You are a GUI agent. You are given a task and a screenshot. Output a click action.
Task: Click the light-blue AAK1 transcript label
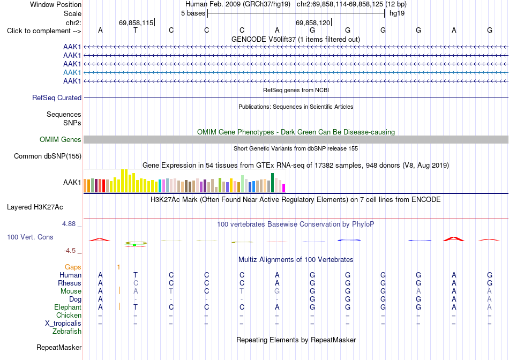tap(72, 72)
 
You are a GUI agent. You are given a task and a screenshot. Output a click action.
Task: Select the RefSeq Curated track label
tap(57, 97)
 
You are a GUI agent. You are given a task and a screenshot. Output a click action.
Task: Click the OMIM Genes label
tap(61, 140)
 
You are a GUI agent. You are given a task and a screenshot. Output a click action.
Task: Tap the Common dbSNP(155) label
tap(48, 156)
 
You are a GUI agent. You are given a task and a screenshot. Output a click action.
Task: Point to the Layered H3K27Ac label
tap(35, 207)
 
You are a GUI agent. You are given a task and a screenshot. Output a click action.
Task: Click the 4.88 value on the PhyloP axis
tap(69, 224)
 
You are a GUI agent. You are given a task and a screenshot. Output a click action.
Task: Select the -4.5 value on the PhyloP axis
tap(70, 251)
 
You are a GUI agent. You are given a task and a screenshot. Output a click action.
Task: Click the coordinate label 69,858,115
tap(136, 22)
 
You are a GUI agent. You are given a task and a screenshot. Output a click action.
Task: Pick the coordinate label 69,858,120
tap(312, 22)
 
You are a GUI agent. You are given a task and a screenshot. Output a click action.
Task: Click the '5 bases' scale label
tap(193, 13)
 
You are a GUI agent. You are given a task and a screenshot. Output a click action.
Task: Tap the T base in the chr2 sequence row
tap(136, 30)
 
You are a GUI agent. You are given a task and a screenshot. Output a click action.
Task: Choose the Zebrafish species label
tap(67, 332)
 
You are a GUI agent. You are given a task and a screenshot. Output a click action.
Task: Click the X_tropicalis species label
tap(63, 324)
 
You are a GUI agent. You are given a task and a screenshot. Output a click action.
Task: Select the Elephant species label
tap(68, 307)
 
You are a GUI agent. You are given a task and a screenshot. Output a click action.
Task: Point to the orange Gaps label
tap(73, 267)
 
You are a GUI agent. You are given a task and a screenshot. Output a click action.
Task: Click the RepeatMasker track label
tap(59, 347)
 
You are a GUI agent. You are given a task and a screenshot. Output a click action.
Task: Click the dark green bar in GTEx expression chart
tap(272, 183)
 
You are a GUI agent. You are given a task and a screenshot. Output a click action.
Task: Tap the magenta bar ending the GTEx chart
tap(284, 188)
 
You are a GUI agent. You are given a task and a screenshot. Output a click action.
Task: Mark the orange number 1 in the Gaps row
tap(119, 267)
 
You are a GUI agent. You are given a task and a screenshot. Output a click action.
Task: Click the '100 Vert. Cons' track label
tap(30, 237)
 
